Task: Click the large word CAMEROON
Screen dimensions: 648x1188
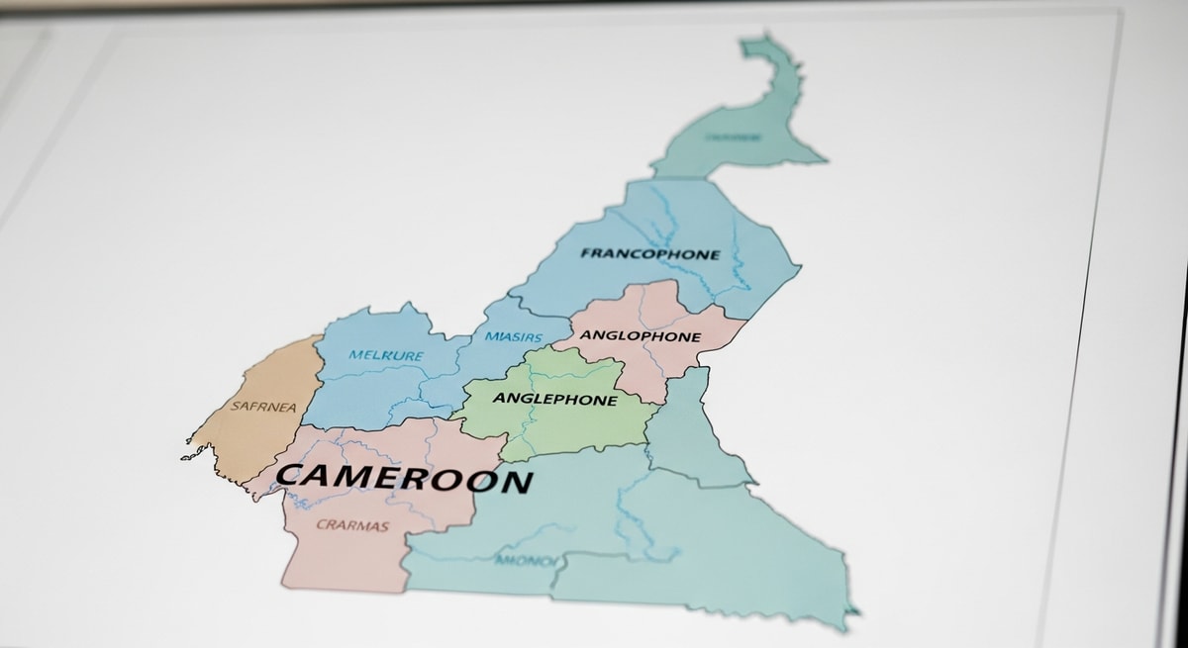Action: (x=404, y=478)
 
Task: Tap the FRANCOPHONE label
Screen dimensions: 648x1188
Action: (x=650, y=254)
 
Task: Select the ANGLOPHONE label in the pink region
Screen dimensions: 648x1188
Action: (x=641, y=336)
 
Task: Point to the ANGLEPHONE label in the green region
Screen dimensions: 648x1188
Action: (x=554, y=400)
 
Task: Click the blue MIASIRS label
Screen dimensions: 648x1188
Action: (x=513, y=337)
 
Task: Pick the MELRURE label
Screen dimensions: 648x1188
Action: (x=385, y=355)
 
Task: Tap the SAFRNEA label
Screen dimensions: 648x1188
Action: (x=262, y=406)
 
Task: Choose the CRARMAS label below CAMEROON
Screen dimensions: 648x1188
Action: (x=352, y=525)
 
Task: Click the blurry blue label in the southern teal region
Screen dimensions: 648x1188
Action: (x=526, y=561)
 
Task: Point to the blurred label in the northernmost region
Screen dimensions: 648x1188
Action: (x=734, y=138)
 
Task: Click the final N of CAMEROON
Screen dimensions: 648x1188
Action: (x=515, y=483)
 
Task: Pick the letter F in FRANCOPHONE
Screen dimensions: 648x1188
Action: (x=586, y=253)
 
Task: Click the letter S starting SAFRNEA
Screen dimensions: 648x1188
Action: (x=235, y=406)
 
